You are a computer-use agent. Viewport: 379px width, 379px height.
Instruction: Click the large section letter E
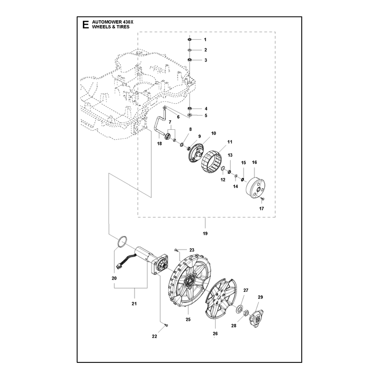pos(86,25)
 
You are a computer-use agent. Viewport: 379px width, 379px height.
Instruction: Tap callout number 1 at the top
pos(205,40)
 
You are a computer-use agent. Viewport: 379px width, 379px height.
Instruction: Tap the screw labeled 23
pos(176,250)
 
